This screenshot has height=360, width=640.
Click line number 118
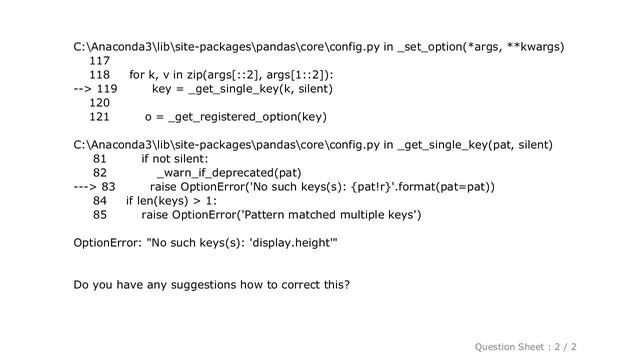(x=99, y=75)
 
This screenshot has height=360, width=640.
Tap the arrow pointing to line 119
(x=84, y=89)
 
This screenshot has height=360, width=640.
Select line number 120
(x=99, y=103)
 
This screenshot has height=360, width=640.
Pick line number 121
(x=99, y=117)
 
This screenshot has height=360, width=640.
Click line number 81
(x=99, y=159)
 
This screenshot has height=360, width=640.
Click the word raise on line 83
(x=164, y=187)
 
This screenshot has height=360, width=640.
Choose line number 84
(x=99, y=201)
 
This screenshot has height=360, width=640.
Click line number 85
(x=99, y=215)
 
